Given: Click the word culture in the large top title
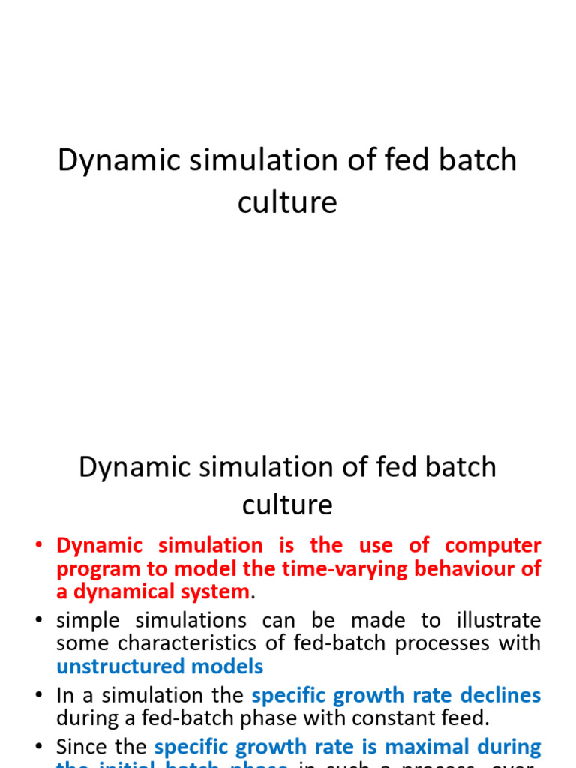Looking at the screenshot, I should coord(287,202).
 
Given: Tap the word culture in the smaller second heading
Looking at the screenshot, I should coord(287,505).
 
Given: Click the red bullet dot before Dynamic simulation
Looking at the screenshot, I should coord(40,546).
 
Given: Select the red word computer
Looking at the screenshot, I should coord(493,545).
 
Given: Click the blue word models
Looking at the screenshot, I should coord(230,666).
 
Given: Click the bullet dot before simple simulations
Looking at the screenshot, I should coord(40,622).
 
